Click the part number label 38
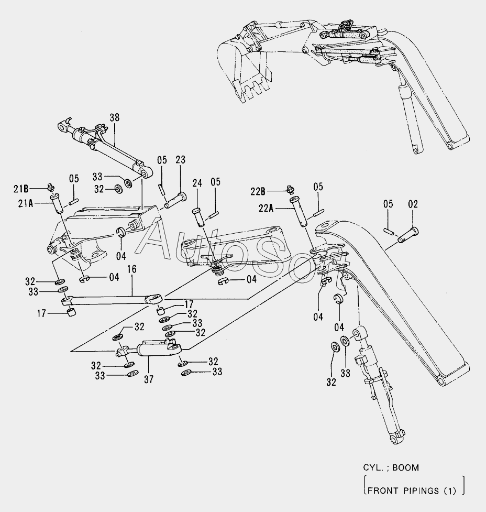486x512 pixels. pyautogui.click(x=114, y=117)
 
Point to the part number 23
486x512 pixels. pyautogui.click(x=180, y=160)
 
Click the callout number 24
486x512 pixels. pyautogui.click(x=197, y=183)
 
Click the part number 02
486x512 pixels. pyautogui.click(x=413, y=204)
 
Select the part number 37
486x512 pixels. pyautogui.click(x=148, y=379)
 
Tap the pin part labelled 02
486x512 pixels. pyautogui.click(x=407, y=233)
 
